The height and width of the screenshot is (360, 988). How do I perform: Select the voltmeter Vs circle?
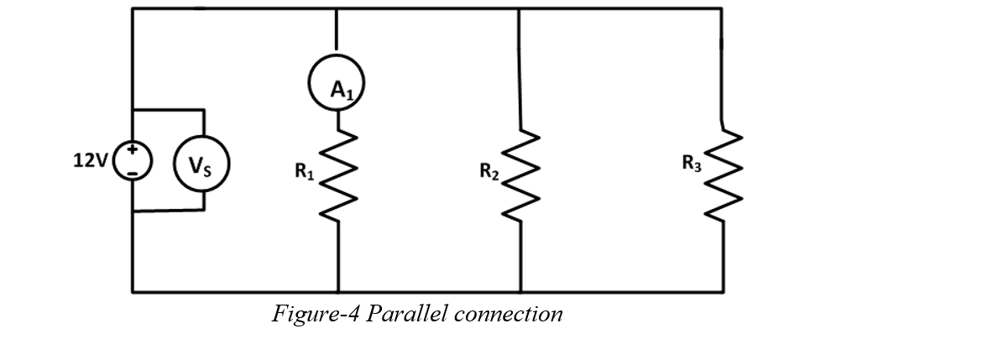(199, 164)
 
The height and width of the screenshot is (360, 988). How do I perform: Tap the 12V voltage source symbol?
(133, 160)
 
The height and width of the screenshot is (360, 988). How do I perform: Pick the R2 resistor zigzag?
(520, 177)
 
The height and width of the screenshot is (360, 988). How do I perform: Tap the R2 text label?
(489, 172)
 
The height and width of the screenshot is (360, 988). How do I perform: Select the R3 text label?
(692, 165)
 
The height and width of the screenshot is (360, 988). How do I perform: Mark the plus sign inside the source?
(133, 152)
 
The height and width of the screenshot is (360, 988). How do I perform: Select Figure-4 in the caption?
(316, 314)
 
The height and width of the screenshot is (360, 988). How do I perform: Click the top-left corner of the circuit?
(133, 8)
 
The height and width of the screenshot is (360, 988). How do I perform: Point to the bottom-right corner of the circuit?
(723, 292)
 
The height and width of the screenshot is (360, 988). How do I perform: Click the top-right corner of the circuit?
(721, 8)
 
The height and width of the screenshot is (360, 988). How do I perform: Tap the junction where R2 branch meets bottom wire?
(520, 292)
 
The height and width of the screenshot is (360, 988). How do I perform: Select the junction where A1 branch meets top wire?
(337, 8)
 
